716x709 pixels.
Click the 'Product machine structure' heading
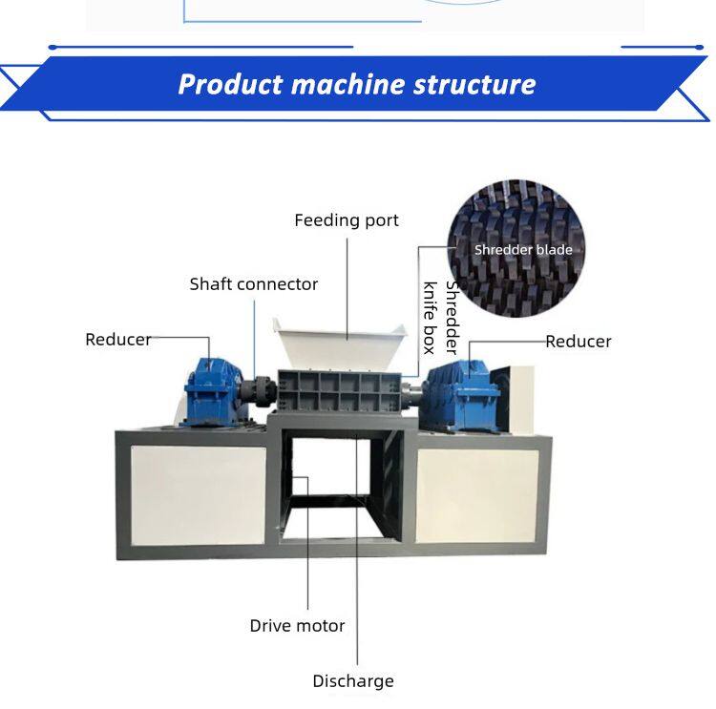tap(356, 84)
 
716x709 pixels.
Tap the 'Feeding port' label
tap(346, 220)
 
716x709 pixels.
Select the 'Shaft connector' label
tap(253, 283)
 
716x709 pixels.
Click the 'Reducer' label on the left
tap(117, 339)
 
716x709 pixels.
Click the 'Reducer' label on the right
tap(579, 341)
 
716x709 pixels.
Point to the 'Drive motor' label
tap(297, 626)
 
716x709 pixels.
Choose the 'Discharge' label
tap(352, 681)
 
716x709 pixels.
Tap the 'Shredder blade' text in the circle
tap(523, 250)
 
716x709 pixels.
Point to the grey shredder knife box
tap(339, 392)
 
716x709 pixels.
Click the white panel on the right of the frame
tap(476, 495)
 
